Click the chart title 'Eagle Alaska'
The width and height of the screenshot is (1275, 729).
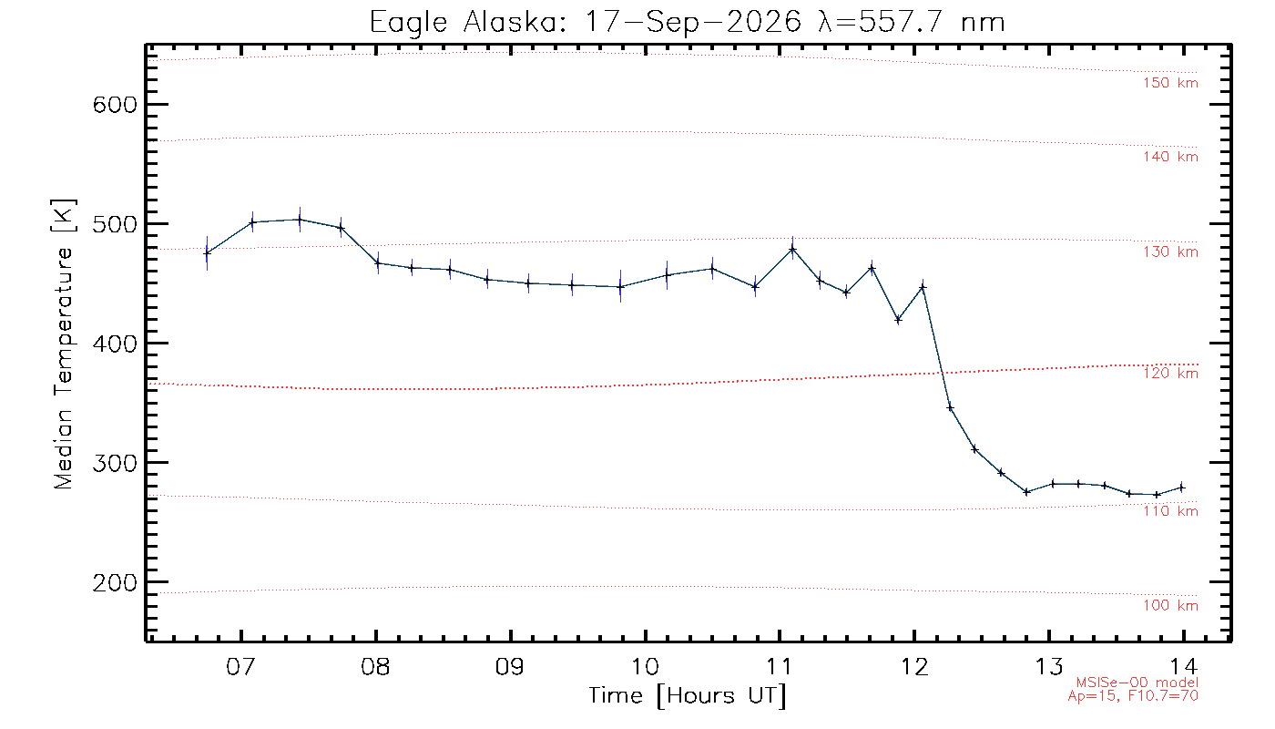(x=465, y=23)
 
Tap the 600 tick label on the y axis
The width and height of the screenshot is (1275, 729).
(x=115, y=105)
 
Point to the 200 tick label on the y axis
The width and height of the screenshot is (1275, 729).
(x=115, y=582)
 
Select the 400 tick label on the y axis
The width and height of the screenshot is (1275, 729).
(x=115, y=344)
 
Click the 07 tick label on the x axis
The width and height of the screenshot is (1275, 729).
(x=240, y=666)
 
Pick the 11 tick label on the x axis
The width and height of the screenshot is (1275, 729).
(x=780, y=666)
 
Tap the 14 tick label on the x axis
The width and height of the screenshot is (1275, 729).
(x=1184, y=666)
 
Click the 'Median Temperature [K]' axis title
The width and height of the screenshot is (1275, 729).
(x=63, y=344)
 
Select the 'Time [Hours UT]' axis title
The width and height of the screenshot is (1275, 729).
(x=687, y=696)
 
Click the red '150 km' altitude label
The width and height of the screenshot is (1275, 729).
(x=1171, y=83)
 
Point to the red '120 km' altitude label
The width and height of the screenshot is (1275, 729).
(x=1171, y=374)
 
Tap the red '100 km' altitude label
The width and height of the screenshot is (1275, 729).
(x=1171, y=605)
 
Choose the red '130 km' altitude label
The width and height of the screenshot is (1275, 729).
(x=1171, y=252)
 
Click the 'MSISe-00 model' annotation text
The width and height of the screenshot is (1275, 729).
(x=1137, y=683)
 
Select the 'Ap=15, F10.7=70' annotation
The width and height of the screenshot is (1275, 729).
(x=1133, y=696)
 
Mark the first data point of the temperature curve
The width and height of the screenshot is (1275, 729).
(x=208, y=253)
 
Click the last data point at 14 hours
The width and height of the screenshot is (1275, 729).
(x=1182, y=488)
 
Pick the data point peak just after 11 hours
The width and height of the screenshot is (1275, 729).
(x=792, y=250)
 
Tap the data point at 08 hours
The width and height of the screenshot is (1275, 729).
(x=378, y=263)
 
